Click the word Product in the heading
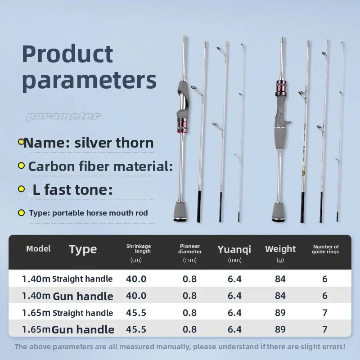[x=67, y=54]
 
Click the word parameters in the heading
[x=89, y=80]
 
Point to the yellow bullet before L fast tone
[x=21, y=189]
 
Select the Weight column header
[x=280, y=249]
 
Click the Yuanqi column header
[x=234, y=249]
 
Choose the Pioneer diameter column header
[x=190, y=249]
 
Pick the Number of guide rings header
[x=325, y=249]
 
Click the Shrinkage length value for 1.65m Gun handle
[x=136, y=329]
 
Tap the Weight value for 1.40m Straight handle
[x=280, y=279]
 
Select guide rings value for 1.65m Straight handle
[x=325, y=313]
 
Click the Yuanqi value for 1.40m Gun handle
[x=234, y=296]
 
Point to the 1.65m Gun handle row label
[x=68, y=329]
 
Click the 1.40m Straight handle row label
[x=67, y=279]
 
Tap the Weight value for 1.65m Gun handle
[x=280, y=329]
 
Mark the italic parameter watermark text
[x=63, y=117]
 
